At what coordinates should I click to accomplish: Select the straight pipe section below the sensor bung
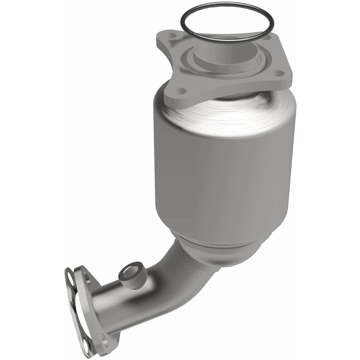pos(116,309)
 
